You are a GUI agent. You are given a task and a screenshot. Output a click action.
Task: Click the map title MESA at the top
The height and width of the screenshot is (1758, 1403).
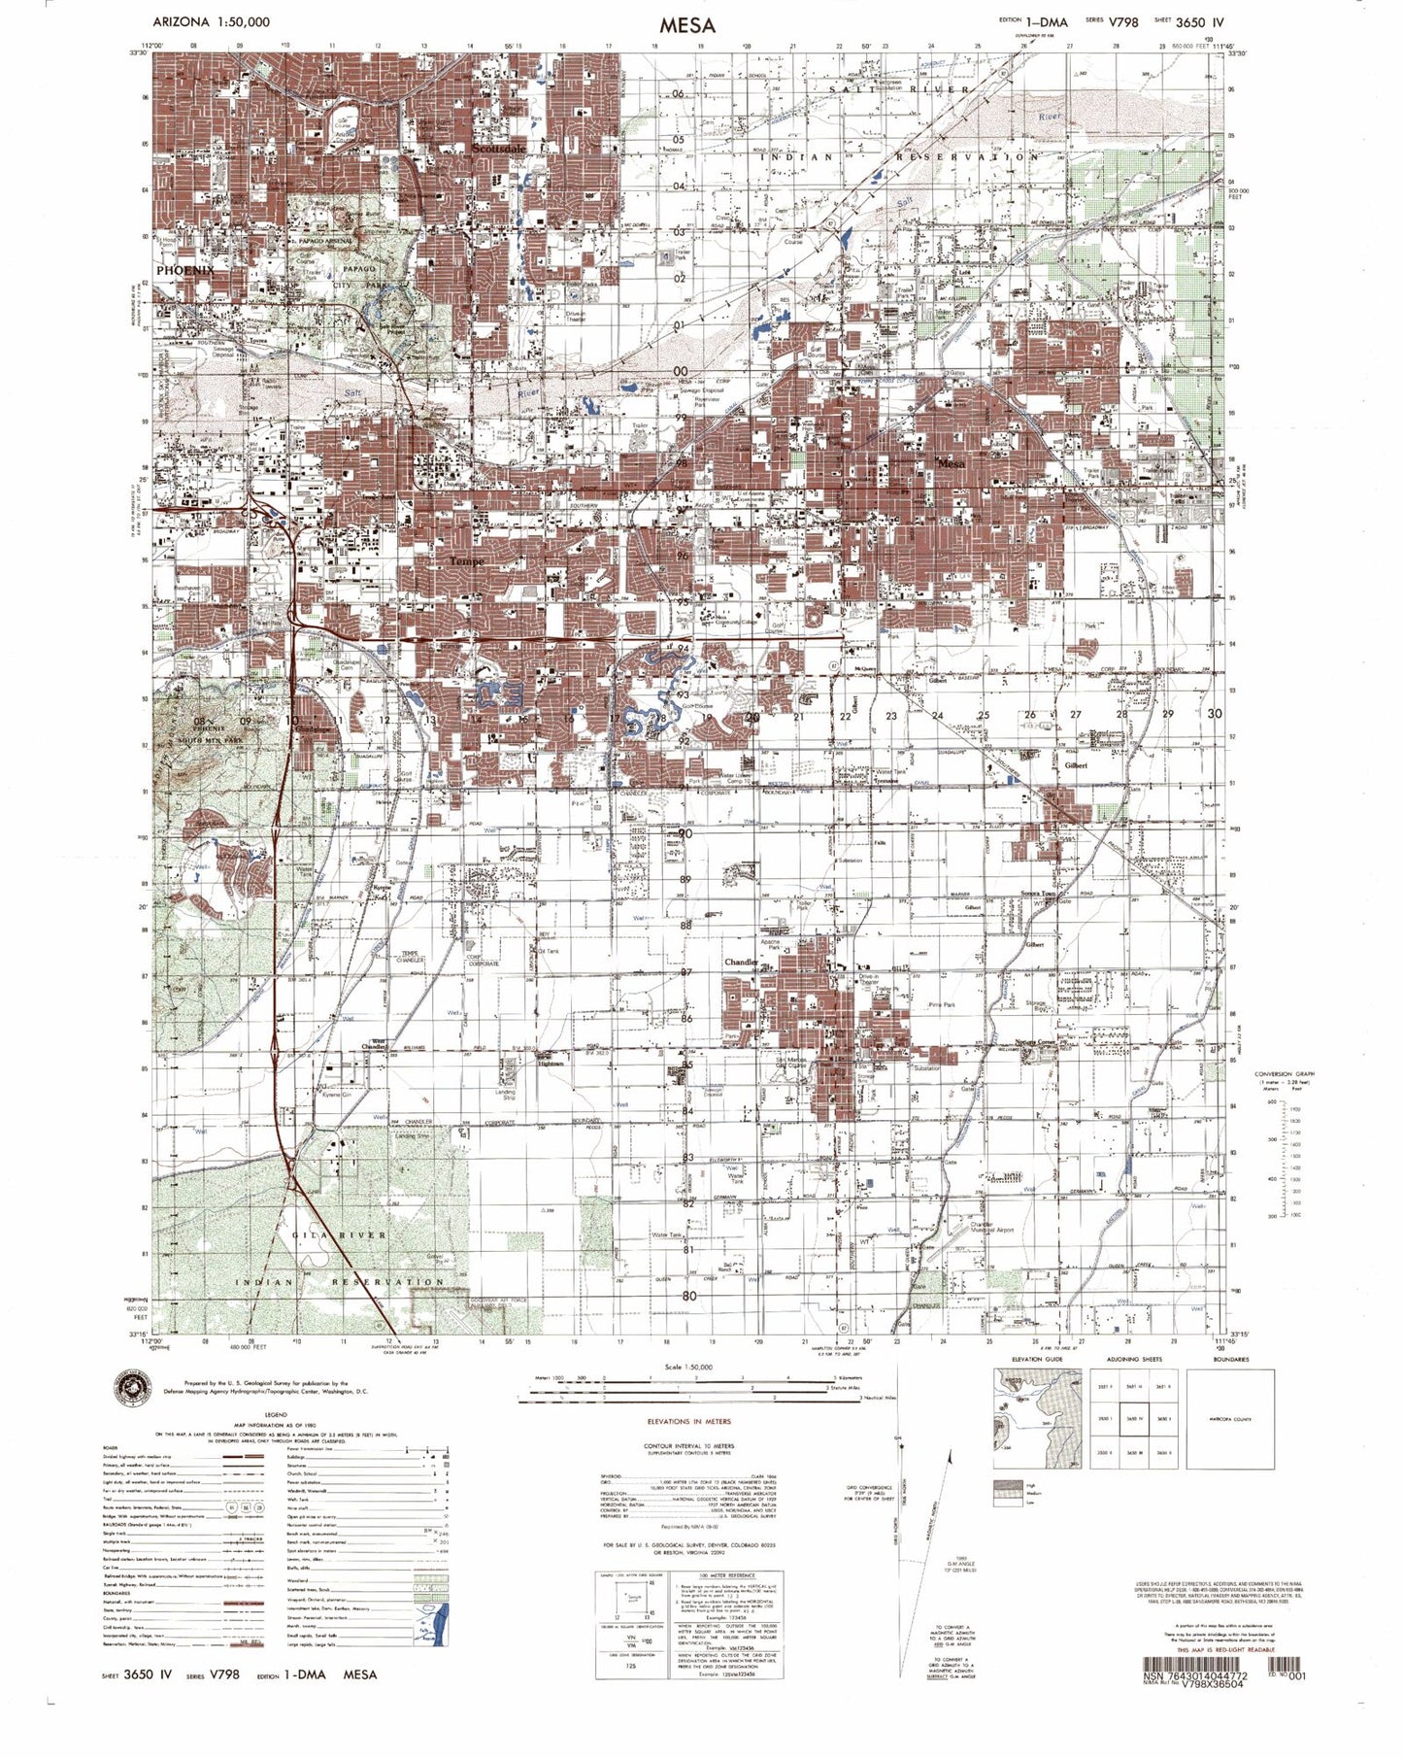click(686, 25)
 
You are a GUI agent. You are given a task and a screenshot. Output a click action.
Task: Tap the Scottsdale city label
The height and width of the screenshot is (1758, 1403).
click(499, 149)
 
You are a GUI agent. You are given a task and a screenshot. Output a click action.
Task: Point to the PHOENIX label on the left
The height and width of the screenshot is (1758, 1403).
click(184, 269)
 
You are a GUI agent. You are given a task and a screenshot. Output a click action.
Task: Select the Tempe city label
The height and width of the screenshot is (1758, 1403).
click(466, 561)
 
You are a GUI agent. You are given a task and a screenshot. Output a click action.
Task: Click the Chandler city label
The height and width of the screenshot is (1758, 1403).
click(741, 962)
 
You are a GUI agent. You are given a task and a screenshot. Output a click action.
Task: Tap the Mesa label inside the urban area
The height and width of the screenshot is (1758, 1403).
click(952, 463)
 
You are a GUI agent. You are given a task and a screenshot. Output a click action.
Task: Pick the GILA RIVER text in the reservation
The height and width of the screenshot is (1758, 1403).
click(340, 1234)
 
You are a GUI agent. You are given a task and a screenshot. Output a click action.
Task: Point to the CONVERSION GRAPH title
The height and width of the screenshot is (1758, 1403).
click(1284, 1073)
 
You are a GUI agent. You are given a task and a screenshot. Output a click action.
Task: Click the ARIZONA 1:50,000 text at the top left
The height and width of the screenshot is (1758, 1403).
click(212, 21)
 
